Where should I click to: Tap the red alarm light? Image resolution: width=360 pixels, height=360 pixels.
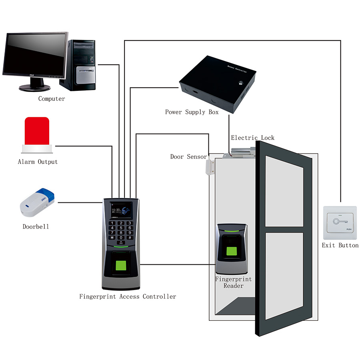click(37, 131)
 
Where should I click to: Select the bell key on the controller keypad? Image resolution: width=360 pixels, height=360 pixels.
click(121, 243)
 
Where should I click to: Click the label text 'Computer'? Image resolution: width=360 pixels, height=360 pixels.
click(51, 98)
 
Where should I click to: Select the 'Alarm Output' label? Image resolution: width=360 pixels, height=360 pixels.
click(38, 162)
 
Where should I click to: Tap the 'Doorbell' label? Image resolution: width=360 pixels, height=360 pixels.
click(36, 226)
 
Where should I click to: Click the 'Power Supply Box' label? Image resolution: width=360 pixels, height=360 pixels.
click(192, 112)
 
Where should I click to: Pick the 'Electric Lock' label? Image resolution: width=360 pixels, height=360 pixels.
click(253, 138)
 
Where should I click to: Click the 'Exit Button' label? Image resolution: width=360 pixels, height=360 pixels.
click(340, 245)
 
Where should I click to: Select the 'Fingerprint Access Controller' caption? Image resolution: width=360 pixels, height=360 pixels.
click(127, 297)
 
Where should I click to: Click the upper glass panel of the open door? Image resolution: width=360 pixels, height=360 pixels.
click(286, 191)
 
